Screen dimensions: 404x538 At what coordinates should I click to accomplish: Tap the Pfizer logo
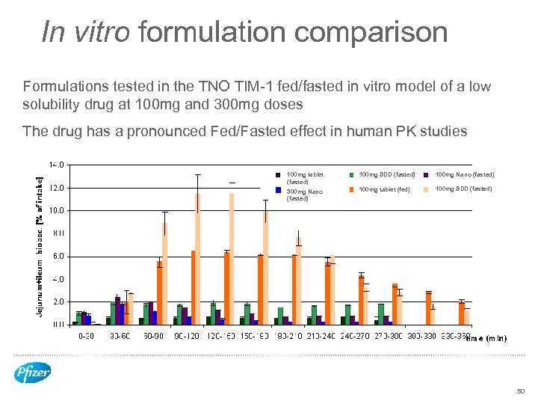pyautogui.click(x=32, y=372)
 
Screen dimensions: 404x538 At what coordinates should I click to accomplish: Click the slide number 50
pyautogui.click(x=521, y=391)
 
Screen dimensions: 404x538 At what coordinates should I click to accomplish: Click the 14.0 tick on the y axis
pyautogui.click(x=57, y=165)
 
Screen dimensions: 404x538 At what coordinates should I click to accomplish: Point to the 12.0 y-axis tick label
pyautogui.click(x=57, y=188)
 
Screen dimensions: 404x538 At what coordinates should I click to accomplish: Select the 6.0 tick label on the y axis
pyautogui.click(x=58, y=256)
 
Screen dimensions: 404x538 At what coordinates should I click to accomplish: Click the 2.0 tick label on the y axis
pyautogui.click(x=58, y=302)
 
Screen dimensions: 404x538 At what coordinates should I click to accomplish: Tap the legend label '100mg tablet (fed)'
pyautogui.click(x=384, y=189)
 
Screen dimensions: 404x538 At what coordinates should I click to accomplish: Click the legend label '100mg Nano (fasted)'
pyautogui.click(x=464, y=174)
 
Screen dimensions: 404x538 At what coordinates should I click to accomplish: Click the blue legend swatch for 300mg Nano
pyautogui.click(x=278, y=191)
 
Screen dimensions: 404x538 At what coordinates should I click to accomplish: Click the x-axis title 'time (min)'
pyautogui.click(x=486, y=338)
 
